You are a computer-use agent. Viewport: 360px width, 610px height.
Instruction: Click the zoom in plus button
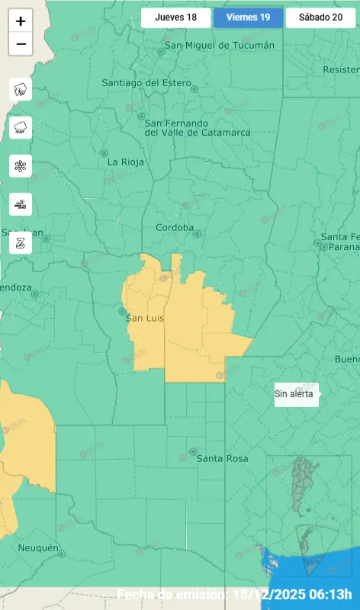(21, 21)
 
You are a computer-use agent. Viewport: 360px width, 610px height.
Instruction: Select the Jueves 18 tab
(175, 18)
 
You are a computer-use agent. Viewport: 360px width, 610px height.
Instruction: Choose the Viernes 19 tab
(248, 18)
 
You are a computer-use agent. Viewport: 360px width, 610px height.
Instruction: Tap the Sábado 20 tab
(320, 18)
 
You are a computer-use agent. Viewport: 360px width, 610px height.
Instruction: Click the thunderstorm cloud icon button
(21, 89)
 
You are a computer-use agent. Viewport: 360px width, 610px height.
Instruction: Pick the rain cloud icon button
(21, 127)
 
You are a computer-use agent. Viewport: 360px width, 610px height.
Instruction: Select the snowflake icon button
(21, 165)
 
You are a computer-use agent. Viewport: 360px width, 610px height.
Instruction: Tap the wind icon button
(21, 204)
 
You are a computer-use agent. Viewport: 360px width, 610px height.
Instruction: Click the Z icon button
(21, 243)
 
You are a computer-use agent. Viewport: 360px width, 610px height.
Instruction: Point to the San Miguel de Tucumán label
(220, 45)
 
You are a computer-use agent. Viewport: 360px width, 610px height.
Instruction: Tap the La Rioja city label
(123, 162)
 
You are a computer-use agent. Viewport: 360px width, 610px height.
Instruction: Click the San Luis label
(145, 317)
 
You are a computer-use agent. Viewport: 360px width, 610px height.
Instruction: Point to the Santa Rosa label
(223, 458)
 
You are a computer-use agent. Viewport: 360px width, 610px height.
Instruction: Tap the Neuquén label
(38, 547)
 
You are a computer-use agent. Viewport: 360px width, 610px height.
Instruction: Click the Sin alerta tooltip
(296, 394)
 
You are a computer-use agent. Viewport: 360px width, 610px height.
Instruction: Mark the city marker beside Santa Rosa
(193, 451)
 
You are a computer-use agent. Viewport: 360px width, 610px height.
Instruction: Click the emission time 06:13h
(329, 595)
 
